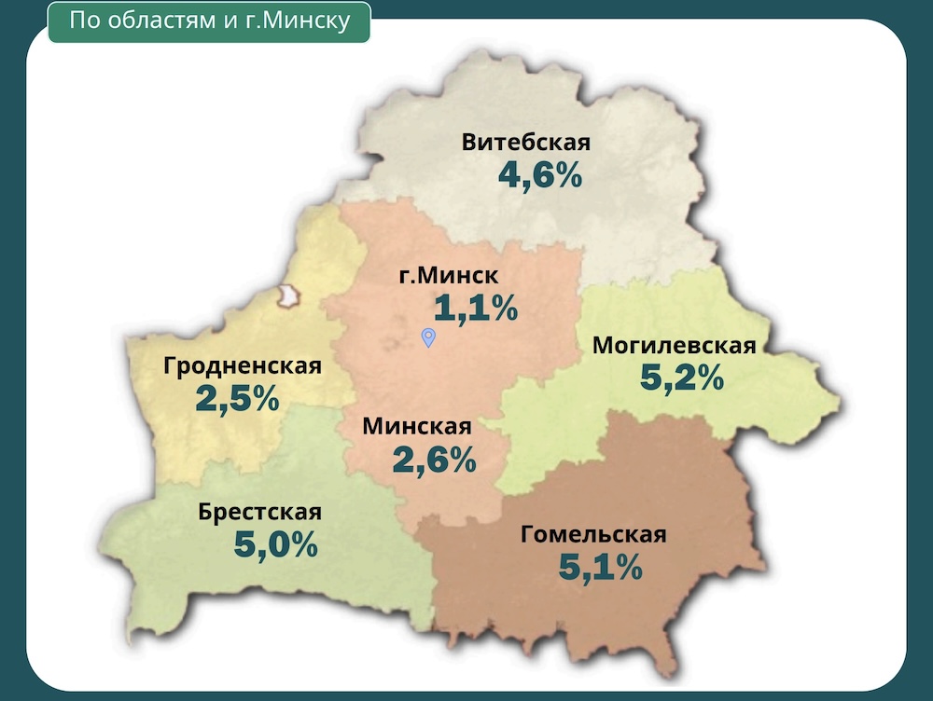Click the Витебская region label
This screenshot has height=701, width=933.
tap(526, 143)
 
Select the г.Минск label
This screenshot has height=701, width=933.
tap(449, 276)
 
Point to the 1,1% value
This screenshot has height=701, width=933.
tap(476, 308)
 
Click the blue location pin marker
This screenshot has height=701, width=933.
tap(428, 337)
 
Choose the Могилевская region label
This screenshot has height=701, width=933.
tap(674, 346)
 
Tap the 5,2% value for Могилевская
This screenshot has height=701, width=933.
tap(682, 377)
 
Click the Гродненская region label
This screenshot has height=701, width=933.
tap(243, 366)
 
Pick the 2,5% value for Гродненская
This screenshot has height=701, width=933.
tap(237, 398)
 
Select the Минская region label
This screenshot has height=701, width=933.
tap(417, 426)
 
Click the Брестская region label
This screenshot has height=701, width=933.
tap(259, 512)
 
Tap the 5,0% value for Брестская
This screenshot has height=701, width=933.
tap(276, 544)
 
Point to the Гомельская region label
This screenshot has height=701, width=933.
tap(593, 534)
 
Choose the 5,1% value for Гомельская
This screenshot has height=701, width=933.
tap(601, 566)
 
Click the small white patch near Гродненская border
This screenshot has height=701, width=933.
tap(289, 296)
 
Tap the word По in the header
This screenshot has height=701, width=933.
tap(83, 21)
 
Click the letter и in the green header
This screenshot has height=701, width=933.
tap(232, 21)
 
